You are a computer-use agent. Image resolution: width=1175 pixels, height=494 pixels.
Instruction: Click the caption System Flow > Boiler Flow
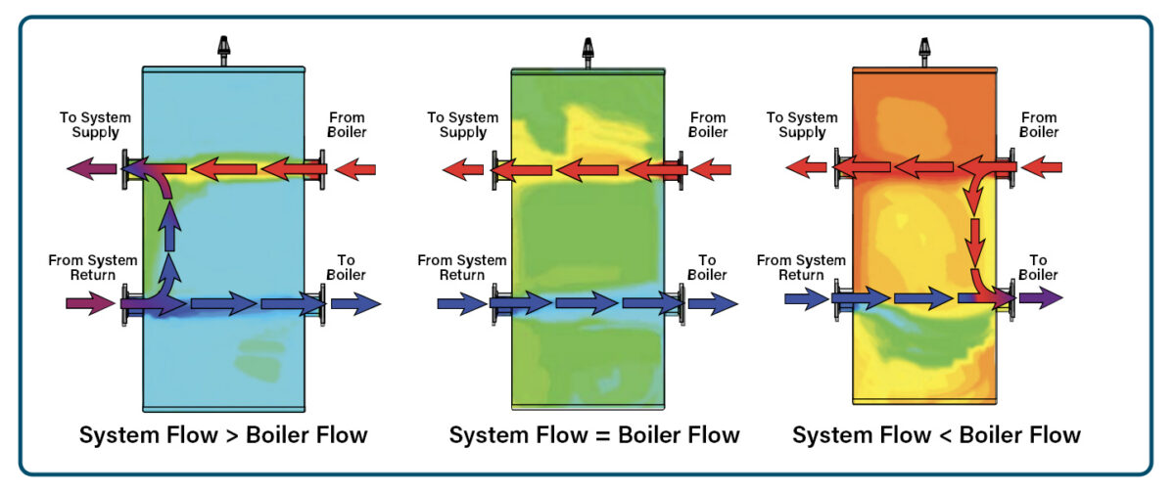223,434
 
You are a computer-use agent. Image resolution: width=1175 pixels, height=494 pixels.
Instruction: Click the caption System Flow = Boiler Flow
594,434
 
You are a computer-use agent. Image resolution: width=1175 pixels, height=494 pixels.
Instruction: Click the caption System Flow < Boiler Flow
936,434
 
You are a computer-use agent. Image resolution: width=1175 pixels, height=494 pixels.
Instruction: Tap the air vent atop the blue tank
223,49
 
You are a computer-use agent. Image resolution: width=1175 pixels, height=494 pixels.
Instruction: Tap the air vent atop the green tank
587,49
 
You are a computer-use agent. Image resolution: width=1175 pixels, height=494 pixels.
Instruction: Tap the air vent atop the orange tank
922,49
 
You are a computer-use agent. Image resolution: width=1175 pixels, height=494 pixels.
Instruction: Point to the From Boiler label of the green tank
707,125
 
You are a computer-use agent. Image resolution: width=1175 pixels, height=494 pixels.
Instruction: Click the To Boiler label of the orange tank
1038,267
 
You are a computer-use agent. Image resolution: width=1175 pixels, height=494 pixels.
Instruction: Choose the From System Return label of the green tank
462,267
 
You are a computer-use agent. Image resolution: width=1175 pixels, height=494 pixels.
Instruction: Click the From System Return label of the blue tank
92,267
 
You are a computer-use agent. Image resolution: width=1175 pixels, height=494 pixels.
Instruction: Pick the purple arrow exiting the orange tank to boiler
1040,297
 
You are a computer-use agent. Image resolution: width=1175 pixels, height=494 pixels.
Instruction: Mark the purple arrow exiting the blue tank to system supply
89,170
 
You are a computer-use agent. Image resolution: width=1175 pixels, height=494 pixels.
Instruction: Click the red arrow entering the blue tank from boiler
354,170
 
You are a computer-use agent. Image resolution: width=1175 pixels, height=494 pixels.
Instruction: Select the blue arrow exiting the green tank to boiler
713,304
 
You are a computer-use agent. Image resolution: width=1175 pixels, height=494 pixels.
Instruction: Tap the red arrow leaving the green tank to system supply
463,170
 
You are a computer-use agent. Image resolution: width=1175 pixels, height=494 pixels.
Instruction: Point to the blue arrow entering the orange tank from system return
806,298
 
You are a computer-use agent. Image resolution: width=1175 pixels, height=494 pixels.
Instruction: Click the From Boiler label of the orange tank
1039,125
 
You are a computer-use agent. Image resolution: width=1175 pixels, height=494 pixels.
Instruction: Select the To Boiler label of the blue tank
347,267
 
